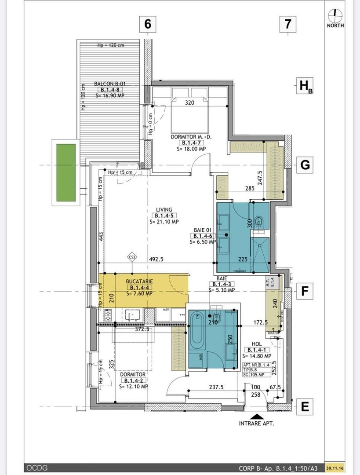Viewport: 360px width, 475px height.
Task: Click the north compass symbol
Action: pyautogui.click(x=335, y=15)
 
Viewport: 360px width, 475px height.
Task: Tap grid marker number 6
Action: pyautogui.click(x=148, y=24)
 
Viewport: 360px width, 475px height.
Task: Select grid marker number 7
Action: pyautogui.click(x=288, y=24)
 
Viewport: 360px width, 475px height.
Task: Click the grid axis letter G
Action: pyautogui.click(x=305, y=165)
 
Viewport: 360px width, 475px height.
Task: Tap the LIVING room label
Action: pyautogui.click(x=163, y=210)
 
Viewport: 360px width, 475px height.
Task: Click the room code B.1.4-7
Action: pyautogui.click(x=191, y=143)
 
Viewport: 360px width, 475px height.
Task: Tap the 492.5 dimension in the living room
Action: pyautogui.click(x=156, y=259)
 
